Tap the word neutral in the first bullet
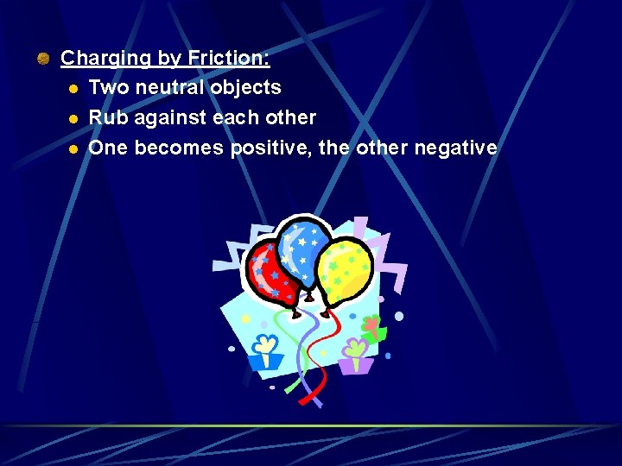[172, 87]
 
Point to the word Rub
[106, 117]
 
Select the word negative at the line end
[455, 148]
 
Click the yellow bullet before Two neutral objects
[74, 88]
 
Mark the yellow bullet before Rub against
[74, 118]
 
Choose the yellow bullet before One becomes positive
[74, 148]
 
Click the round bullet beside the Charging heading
[43, 59]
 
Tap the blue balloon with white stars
[302, 250]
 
